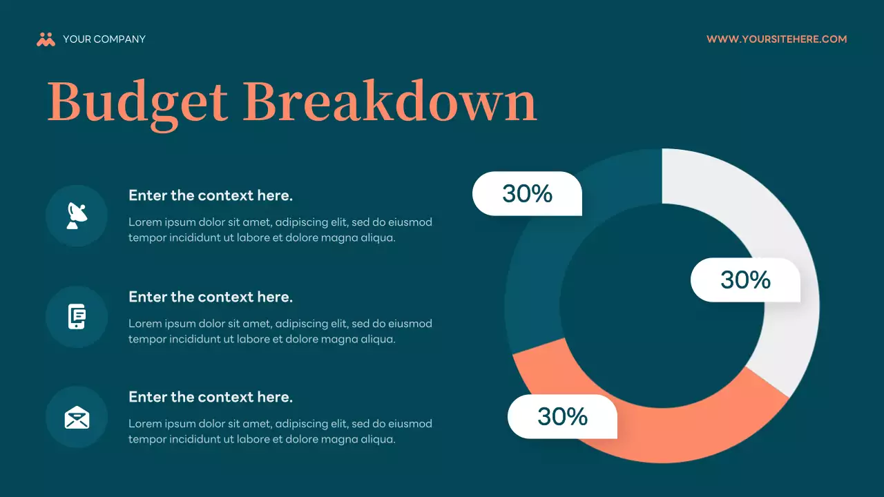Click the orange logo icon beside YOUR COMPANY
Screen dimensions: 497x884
pyautogui.click(x=46, y=39)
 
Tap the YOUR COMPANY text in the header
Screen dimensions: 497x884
pyautogui.click(x=104, y=39)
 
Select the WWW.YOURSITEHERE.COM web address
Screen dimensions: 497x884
pyautogui.click(x=776, y=39)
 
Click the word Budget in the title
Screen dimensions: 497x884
pyautogui.click(x=137, y=102)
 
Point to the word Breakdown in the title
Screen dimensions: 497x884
pyautogui.click(x=390, y=102)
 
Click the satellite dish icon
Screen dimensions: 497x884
pyautogui.click(x=77, y=215)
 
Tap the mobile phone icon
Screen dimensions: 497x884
pyautogui.click(x=77, y=317)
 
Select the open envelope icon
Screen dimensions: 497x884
pyautogui.click(x=77, y=417)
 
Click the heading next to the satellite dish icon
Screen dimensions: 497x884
pyautogui.click(x=211, y=195)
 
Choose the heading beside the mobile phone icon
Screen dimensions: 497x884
pyautogui.click(x=211, y=297)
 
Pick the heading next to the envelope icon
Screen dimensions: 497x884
pyautogui.click(x=211, y=397)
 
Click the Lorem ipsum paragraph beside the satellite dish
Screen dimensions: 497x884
pyautogui.click(x=280, y=230)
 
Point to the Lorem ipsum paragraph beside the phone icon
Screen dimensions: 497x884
pyautogui.click(x=280, y=331)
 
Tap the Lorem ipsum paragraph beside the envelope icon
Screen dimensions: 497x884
pyautogui.click(x=280, y=431)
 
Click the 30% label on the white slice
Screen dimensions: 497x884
pyautogui.click(x=745, y=280)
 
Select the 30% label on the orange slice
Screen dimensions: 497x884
pyautogui.click(x=562, y=416)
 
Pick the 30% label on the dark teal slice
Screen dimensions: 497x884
pyautogui.click(x=527, y=193)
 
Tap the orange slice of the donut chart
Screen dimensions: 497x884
pyautogui.click(x=663, y=435)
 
